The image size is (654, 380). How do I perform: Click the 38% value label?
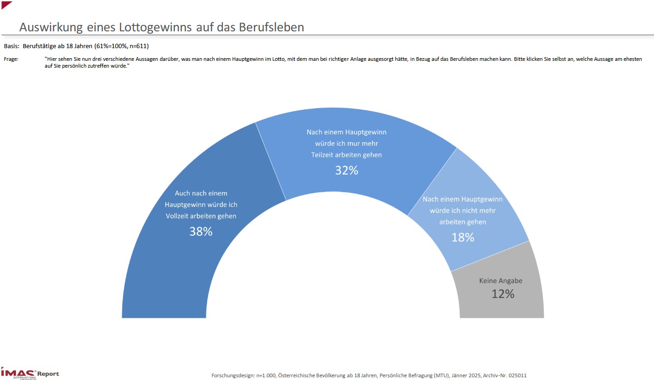coord(201,232)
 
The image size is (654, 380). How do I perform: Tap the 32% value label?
coord(347,170)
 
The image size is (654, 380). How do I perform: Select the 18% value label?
coord(462,237)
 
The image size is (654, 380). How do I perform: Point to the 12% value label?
coord(503,294)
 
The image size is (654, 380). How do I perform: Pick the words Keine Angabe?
coord(501,281)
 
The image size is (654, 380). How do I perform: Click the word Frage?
coord(11,59)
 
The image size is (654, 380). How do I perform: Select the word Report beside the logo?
coord(48,374)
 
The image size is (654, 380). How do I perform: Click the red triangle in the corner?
coord(5,4)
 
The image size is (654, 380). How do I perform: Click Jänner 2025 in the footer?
coord(460,375)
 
